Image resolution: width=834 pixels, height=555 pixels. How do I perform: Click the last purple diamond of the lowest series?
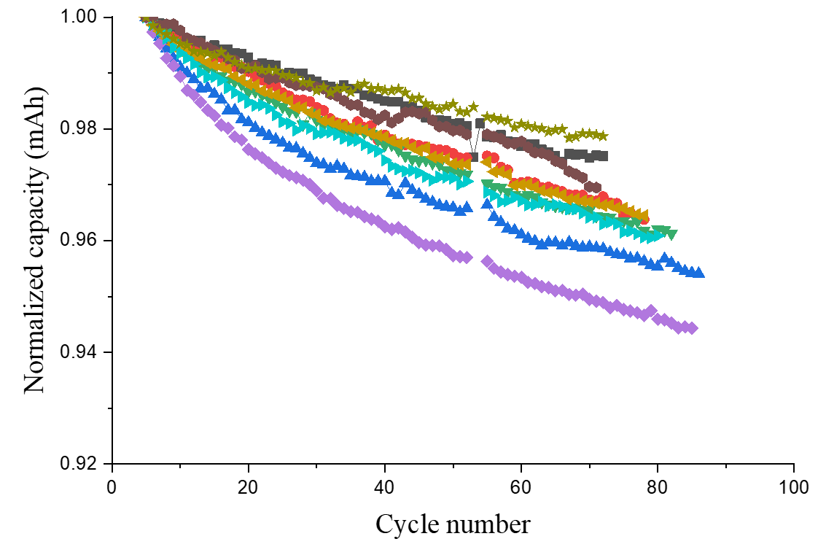(x=692, y=328)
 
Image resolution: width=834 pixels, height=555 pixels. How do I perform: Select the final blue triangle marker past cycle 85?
(x=699, y=273)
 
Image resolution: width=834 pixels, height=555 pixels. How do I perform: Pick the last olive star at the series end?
(x=602, y=136)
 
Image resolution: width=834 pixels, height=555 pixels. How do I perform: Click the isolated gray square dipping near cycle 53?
(x=474, y=157)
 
